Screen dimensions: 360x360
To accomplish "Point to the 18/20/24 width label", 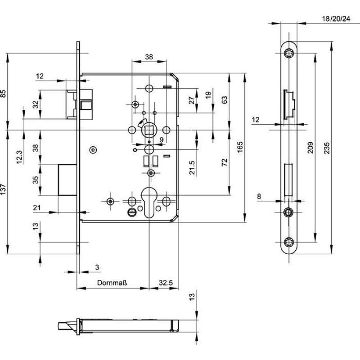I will click(x=336, y=18).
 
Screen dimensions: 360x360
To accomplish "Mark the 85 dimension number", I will click(x=4, y=94).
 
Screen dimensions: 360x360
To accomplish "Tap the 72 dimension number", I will click(x=225, y=162).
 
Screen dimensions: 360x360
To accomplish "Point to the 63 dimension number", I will click(x=225, y=101).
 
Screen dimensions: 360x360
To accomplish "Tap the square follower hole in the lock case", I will click(x=149, y=130).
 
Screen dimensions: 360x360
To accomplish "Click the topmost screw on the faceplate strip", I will click(x=288, y=54).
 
